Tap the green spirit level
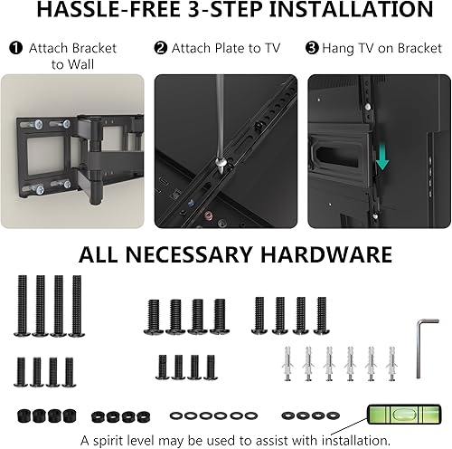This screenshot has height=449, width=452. click(x=396, y=417)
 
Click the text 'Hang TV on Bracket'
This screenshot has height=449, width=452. click(x=376, y=47)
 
